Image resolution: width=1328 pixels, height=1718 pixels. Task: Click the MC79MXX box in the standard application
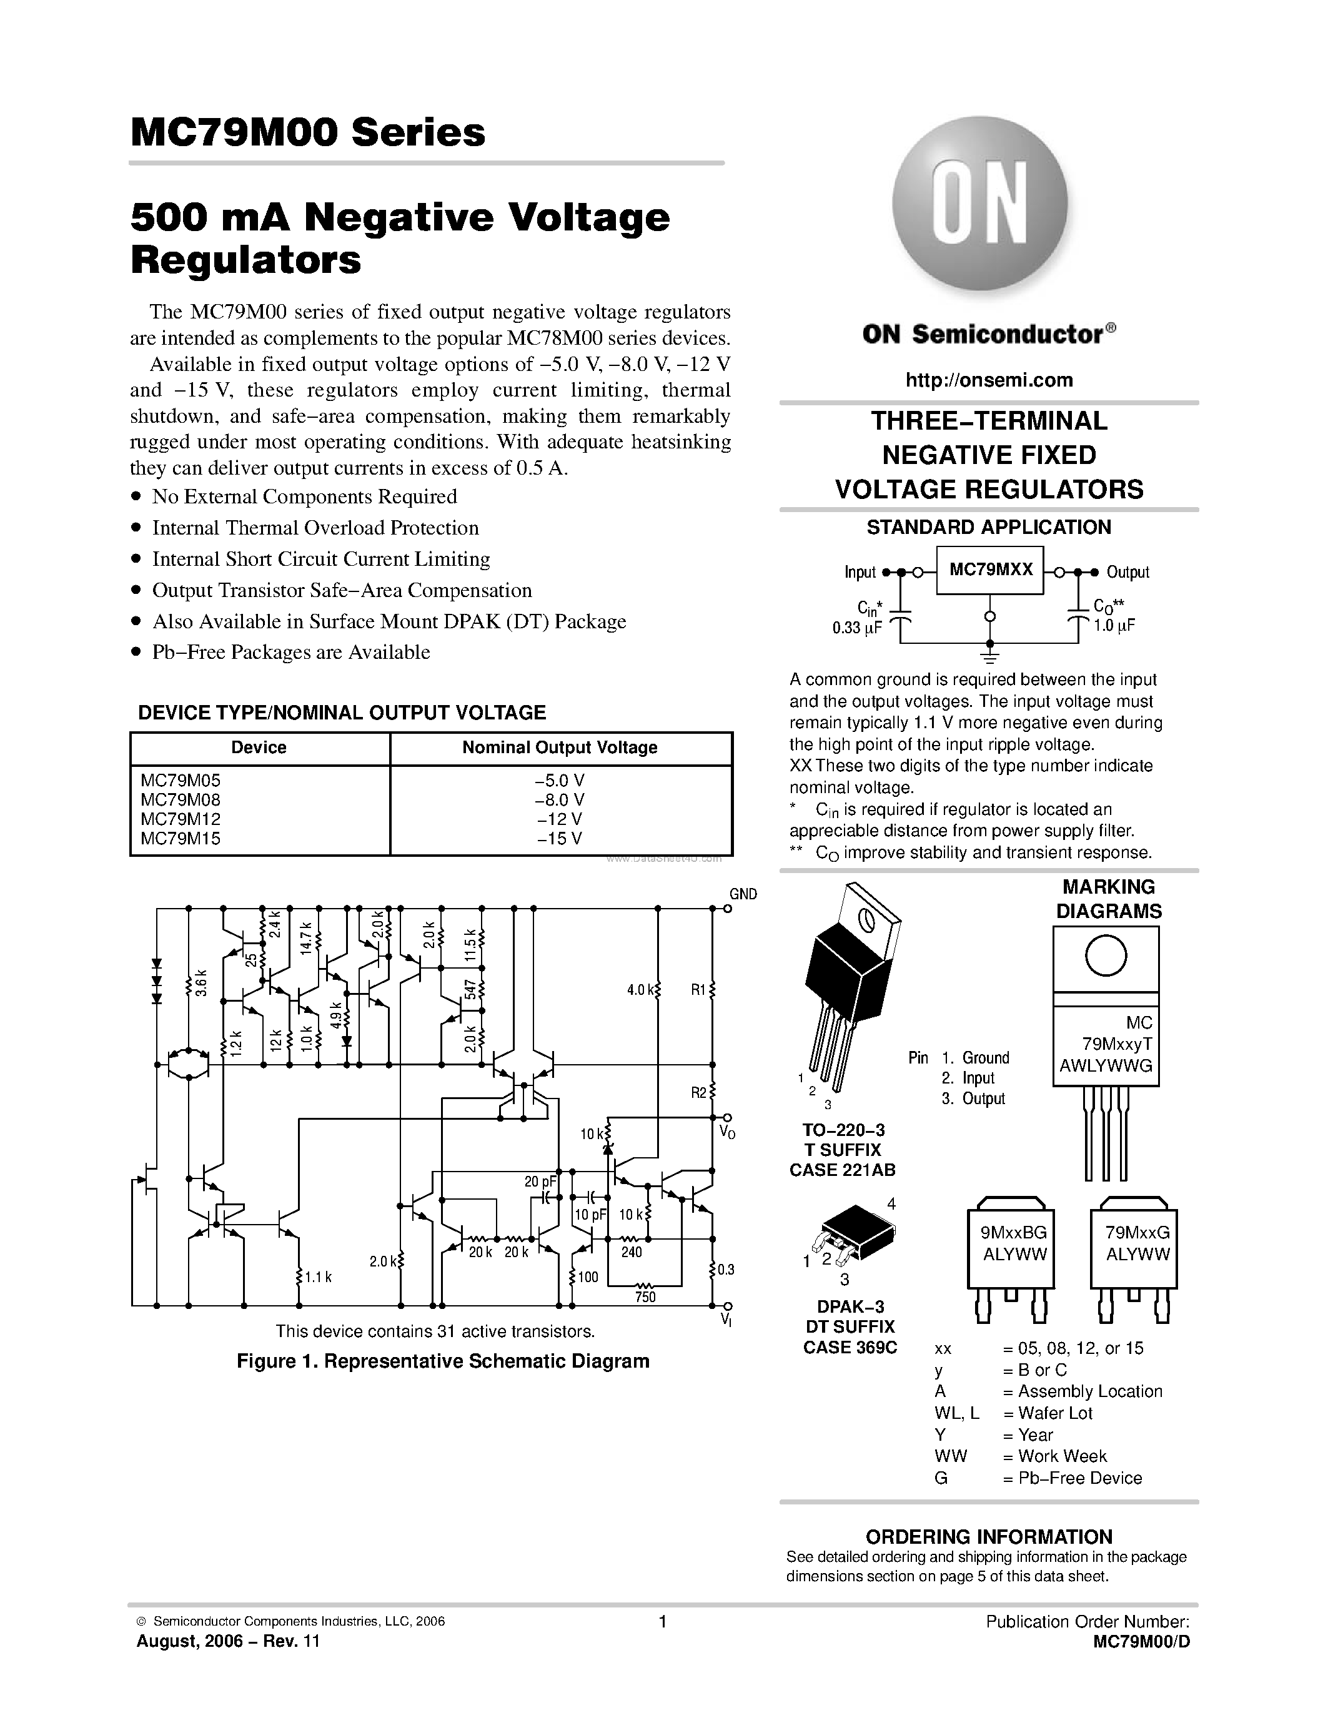[989, 570]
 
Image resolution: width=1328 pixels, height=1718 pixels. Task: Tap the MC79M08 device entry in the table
[180, 800]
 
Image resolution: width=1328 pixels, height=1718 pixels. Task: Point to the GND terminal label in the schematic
[743, 894]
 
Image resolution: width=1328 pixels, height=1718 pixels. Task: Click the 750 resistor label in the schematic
[645, 1297]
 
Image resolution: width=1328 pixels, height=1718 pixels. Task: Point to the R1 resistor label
[698, 990]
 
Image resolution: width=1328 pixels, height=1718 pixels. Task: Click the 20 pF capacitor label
[540, 1182]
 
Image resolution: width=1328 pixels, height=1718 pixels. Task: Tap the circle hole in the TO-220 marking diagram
[1106, 955]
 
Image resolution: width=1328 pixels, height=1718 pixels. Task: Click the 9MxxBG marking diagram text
[1014, 1233]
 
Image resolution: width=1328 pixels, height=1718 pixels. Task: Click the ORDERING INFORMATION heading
[989, 1536]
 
